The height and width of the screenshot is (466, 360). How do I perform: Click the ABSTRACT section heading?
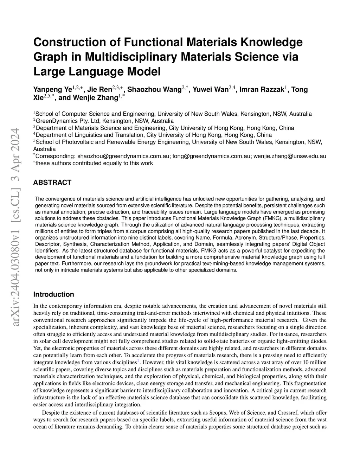[52, 182]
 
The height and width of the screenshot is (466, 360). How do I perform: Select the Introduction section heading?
[53, 294]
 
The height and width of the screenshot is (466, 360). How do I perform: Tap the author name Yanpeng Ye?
[52, 89]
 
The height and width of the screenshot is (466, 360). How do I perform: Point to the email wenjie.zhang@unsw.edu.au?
[290, 156]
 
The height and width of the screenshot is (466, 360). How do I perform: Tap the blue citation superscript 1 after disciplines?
[138, 361]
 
